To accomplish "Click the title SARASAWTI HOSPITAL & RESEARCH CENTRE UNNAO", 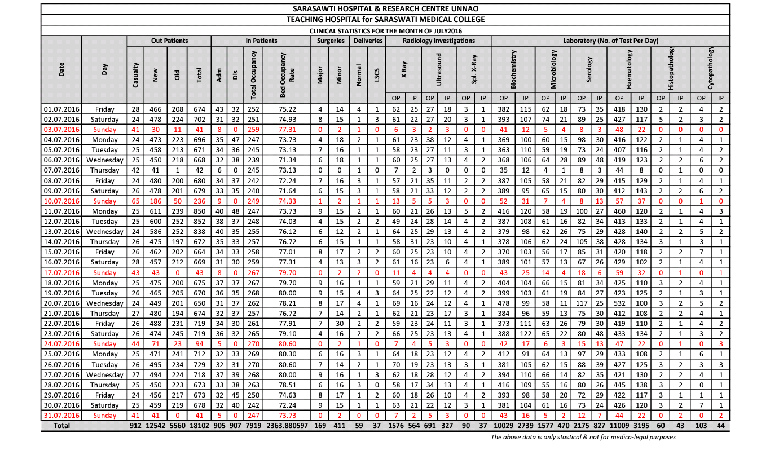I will [x=385, y=8].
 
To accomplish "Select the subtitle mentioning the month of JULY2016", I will [x=385, y=30].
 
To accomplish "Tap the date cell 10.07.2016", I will [x=61, y=201].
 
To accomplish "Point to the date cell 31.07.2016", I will [x=61, y=415].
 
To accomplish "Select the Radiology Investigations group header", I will [x=438, y=41].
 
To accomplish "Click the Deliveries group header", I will [x=368, y=41].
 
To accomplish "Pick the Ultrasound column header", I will [x=438, y=65].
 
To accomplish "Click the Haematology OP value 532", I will [x=619, y=303].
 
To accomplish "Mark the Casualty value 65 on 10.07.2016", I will [x=135, y=201].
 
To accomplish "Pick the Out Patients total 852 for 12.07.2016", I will [x=199, y=221].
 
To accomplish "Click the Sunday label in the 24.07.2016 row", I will [x=104, y=343].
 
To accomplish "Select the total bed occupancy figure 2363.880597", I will [x=287, y=426].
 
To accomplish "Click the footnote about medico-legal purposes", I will [x=583, y=437].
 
